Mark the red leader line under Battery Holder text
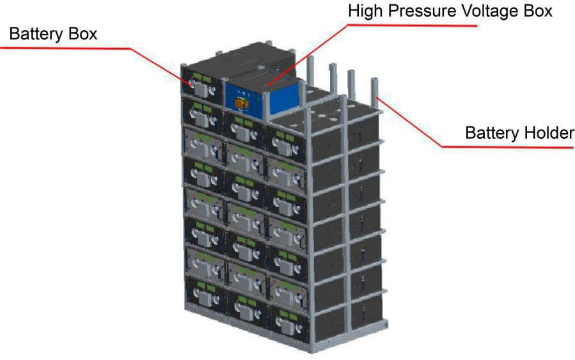tap(505, 146)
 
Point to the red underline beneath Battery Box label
tap(64, 47)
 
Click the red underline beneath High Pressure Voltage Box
tap(416, 26)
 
